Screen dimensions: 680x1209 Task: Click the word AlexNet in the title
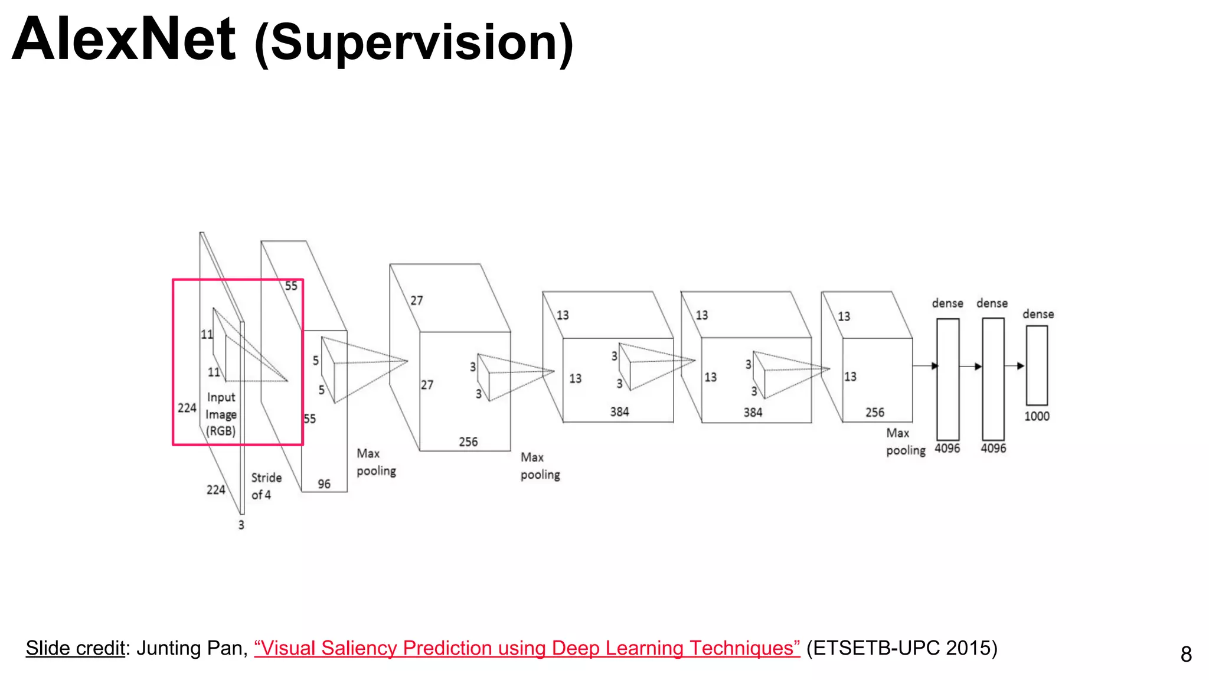[124, 40]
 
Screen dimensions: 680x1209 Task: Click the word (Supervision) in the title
[414, 44]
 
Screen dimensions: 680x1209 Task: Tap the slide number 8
[1186, 654]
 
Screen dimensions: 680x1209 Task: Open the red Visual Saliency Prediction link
[527, 648]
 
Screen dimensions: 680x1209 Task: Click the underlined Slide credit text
[75, 648]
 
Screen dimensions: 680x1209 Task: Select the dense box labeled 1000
[1037, 365]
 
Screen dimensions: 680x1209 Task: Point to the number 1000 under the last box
[1037, 416]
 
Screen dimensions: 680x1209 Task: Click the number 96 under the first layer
[324, 484]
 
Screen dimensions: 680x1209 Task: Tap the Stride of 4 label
[266, 486]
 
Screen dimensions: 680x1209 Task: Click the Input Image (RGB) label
[221, 414]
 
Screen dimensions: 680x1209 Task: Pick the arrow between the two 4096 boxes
[971, 367]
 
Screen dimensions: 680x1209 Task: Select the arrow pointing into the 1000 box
[1015, 366]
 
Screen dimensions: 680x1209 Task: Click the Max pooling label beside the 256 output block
[905, 442]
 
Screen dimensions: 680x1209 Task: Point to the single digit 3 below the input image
[241, 525]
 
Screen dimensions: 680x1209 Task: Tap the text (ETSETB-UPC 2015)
[901, 648]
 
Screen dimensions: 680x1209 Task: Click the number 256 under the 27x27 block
[468, 442]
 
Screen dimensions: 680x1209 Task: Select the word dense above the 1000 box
[1038, 314]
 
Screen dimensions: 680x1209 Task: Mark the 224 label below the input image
[215, 489]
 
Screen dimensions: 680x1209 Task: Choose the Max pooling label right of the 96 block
[375, 462]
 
